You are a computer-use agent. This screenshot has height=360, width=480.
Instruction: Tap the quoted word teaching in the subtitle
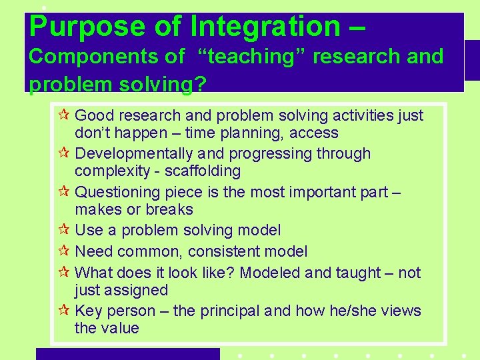pyautogui.click(x=251, y=57)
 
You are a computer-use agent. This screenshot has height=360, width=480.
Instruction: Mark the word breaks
pyautogui.click(x=171, y=210)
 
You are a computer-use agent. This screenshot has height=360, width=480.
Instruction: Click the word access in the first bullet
pyautogui.click(x=315, y=133)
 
